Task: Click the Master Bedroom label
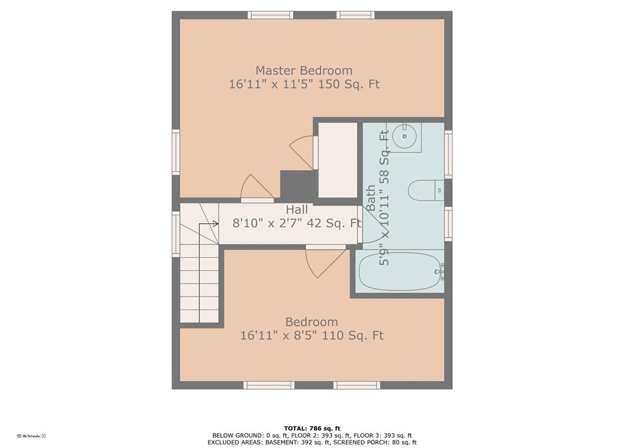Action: click(x=304, y=70)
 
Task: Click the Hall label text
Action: click(x=296, y=209)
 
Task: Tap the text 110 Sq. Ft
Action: click(x=353, y=336)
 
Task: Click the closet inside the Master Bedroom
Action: click(x=338, y=160)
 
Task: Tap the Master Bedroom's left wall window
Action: click(x=176, y=153)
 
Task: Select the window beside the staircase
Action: click(x=176, y=234)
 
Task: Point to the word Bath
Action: click(x=371, y=198)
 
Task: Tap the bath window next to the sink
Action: click(x=448, y=154)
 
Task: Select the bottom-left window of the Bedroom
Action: click(x=269, y=385)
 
